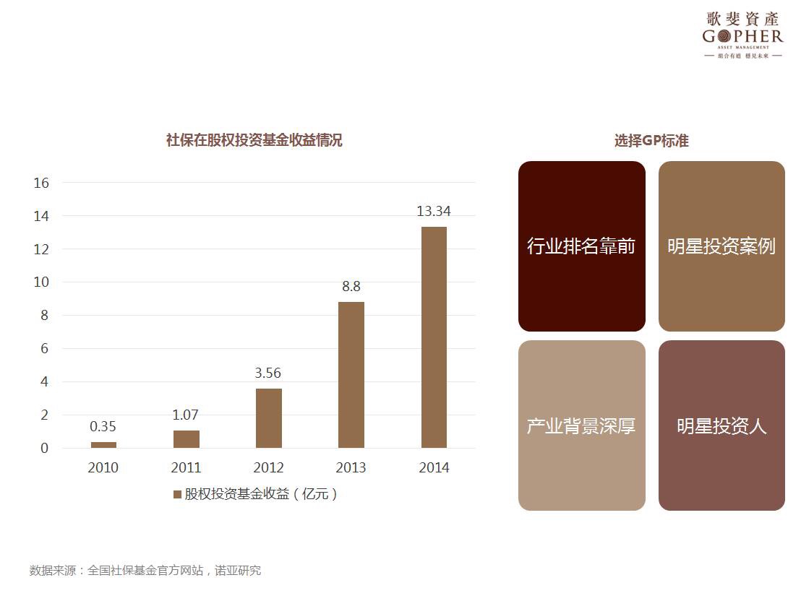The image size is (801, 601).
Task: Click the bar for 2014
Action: [434, 337]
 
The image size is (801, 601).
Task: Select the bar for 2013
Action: [351, 375]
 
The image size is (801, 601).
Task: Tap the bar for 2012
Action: [268, 418]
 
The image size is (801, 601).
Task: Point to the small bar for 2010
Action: [103, 445]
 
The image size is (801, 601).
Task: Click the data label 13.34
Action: [434, 211]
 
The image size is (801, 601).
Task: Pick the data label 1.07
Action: [186, 415]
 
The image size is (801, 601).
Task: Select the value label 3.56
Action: [268, 373]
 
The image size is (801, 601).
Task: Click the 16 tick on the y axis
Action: [41, 183]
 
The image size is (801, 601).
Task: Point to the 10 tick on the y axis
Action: [41, 282]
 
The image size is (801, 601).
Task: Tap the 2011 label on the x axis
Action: [186, 467]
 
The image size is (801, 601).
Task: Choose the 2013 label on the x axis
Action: [351, 467]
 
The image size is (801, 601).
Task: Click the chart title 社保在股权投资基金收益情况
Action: [254, 140]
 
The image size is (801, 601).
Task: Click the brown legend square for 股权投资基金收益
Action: [177, 494]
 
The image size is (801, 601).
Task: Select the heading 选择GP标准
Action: [651, 141]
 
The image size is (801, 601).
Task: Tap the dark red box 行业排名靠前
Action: [581, 246]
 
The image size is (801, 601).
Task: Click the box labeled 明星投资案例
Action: [721, 246]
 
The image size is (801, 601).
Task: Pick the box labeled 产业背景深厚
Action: [581, 425]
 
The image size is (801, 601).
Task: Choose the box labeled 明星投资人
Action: [721, 425]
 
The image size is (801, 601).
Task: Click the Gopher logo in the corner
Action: [742, 35]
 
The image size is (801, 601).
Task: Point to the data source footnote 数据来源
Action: [145, 571]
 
